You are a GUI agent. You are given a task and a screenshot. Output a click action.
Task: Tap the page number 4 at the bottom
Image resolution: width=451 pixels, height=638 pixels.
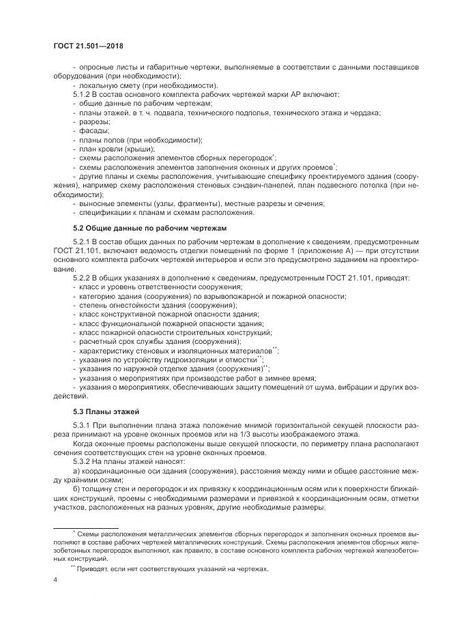point(55,580)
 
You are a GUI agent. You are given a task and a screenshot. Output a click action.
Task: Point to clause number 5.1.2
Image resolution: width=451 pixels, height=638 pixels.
point(85,93)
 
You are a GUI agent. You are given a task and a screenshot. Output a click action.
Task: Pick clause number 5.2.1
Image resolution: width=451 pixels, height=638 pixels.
point(85,242)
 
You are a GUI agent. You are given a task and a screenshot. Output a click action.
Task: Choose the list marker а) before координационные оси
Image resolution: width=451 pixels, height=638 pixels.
point(76,472)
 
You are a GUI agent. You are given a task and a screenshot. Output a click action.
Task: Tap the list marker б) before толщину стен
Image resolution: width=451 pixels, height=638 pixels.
point(76,489)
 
